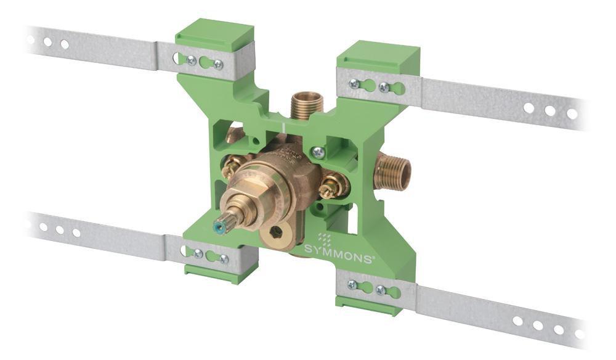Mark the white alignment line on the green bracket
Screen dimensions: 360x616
pos(282,127)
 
